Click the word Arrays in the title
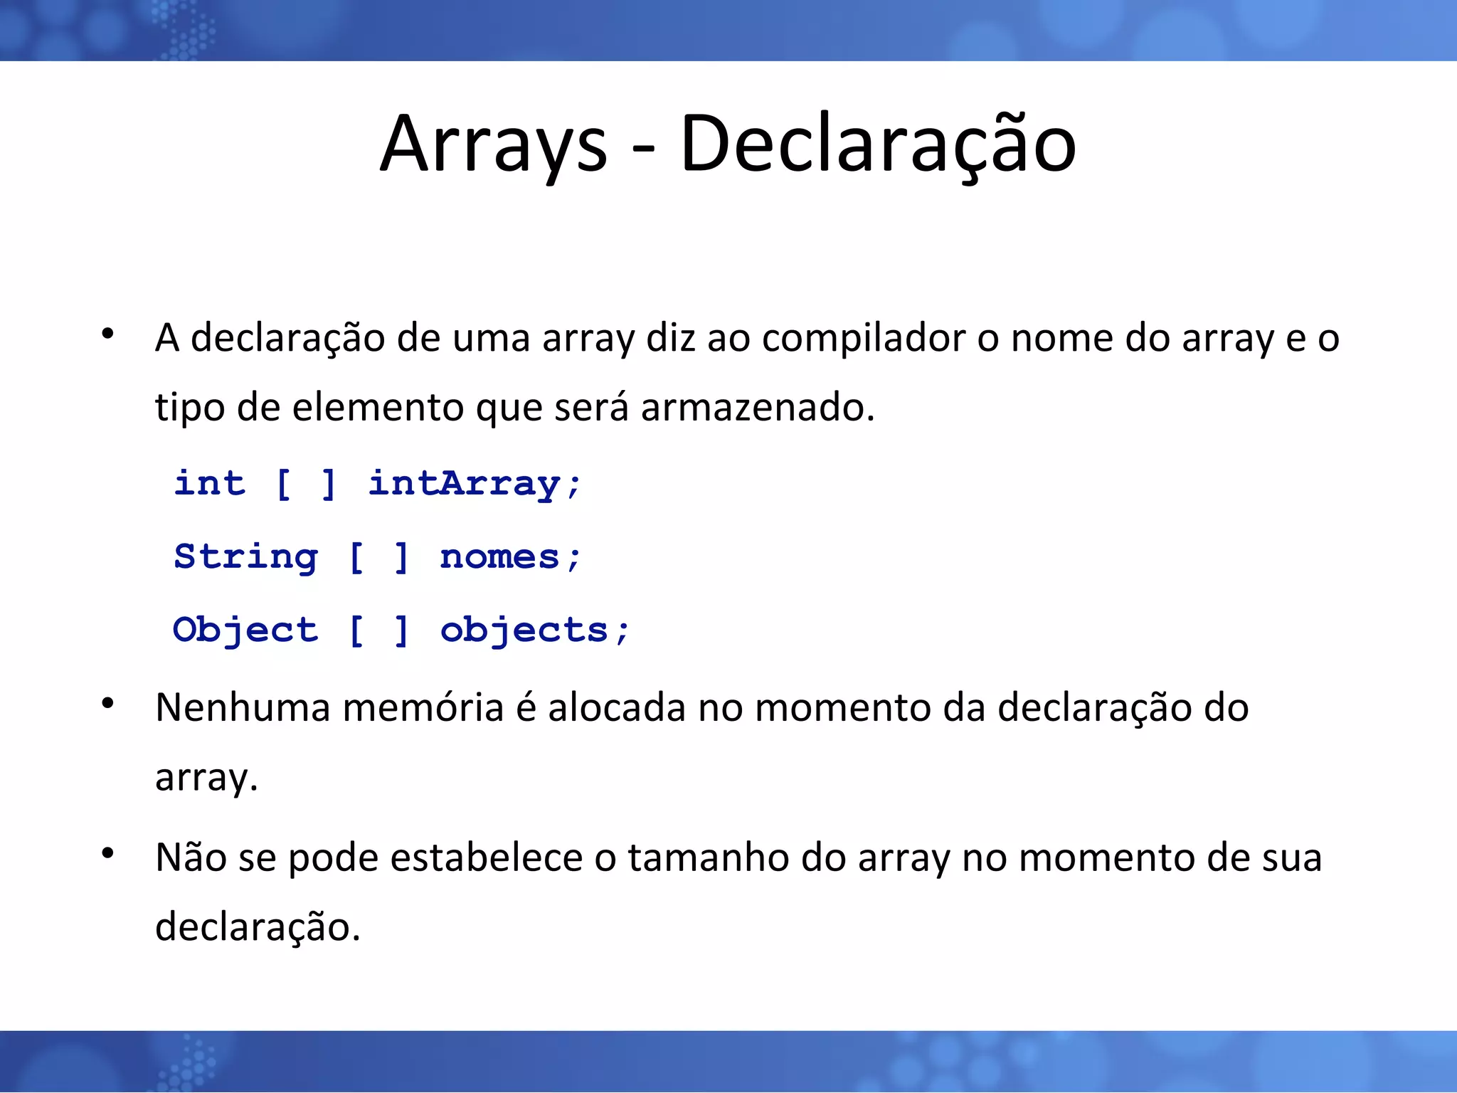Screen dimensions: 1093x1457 [x=494, y=146]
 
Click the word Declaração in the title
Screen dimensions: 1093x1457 [x=877, y=146]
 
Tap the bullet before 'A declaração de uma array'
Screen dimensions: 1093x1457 [x=107, y=333]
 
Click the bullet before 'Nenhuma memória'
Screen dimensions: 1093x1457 [x=107, y=704]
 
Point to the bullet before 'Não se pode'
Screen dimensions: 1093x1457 [x=107, y=852]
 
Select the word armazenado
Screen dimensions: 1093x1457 [x=756, y=408]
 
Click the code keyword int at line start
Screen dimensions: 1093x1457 [x=210, y=483]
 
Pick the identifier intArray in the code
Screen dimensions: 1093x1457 [x=464, y=484]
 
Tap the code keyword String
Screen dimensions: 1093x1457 [x=245, y=557]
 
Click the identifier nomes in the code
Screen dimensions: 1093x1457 [x=499, y=557]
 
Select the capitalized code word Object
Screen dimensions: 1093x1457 [x=245, y=630]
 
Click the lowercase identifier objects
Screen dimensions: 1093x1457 [x=524, y=630]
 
